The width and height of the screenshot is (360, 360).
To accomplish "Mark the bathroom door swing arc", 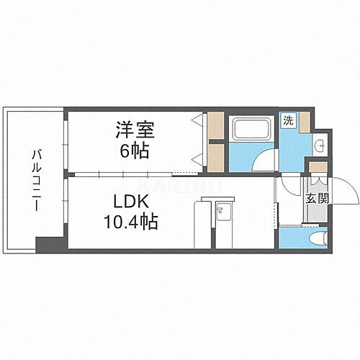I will pos(267,160).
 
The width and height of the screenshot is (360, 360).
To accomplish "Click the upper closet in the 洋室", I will pos(215,127).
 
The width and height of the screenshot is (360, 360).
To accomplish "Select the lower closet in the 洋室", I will pos(215,158).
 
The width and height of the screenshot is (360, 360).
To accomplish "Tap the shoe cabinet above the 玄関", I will pos(315,168).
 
